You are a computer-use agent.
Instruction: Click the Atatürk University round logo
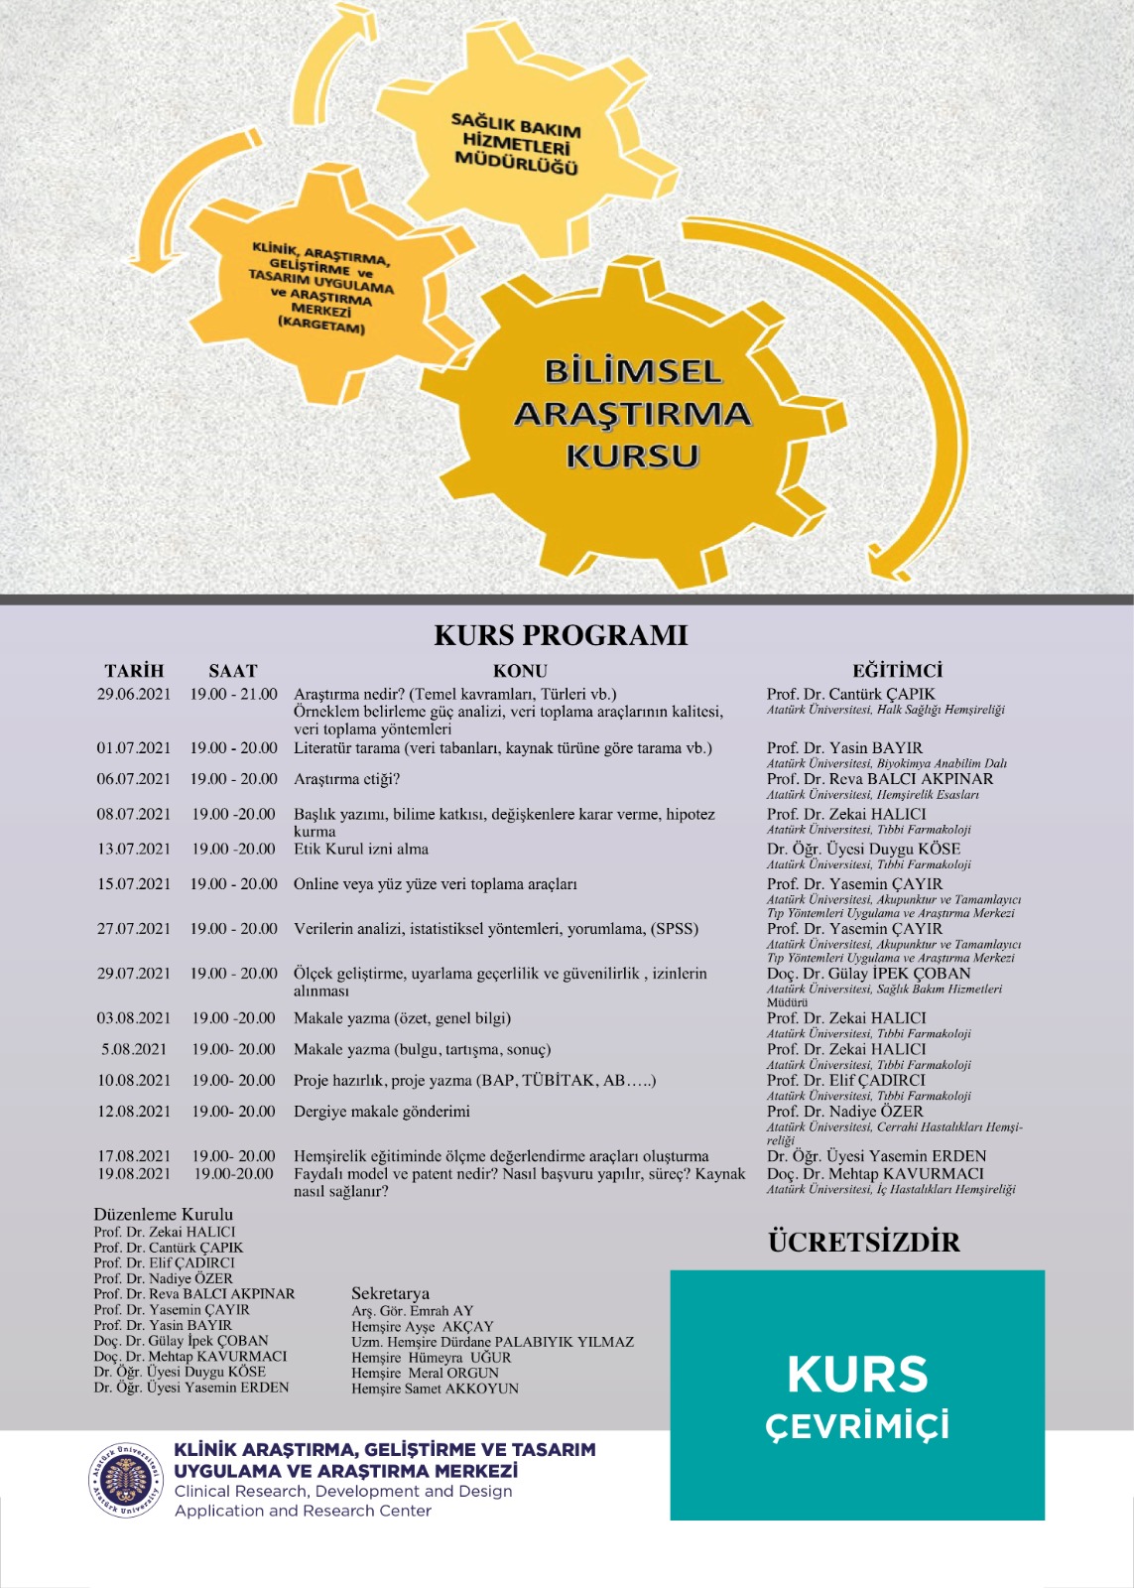(x=125, y=1480)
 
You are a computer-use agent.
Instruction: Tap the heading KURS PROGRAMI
(x=561, y=635)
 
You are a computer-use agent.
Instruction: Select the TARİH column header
(x=134, y=671)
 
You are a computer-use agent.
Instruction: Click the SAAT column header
(x=233, y=671)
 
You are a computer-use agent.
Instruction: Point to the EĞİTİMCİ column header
(x=897, y=671)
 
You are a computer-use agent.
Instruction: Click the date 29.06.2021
(x=134, y=694)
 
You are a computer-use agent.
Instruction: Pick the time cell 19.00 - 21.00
(x=234, y=694)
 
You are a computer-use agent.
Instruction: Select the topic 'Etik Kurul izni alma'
(x=361, y=849)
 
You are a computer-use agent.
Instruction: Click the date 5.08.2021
(x=134, y=1049)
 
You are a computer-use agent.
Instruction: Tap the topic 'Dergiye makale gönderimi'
(x=382, y=1112)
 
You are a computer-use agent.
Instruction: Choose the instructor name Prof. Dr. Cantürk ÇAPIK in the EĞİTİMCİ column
(x=850, y=694)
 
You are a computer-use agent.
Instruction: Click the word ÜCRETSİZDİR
(x=864, y=1242)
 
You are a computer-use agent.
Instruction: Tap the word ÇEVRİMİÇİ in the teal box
(x=857, y=1426)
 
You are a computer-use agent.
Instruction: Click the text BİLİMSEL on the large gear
(x=632, y=372)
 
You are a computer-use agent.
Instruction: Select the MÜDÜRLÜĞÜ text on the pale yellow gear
(x=516, y=162)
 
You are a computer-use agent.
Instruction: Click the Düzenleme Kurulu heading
(x=164, y=1214)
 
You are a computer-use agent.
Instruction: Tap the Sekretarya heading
(x=391, y=1293)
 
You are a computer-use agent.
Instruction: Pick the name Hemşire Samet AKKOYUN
(x=435, y=1389)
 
